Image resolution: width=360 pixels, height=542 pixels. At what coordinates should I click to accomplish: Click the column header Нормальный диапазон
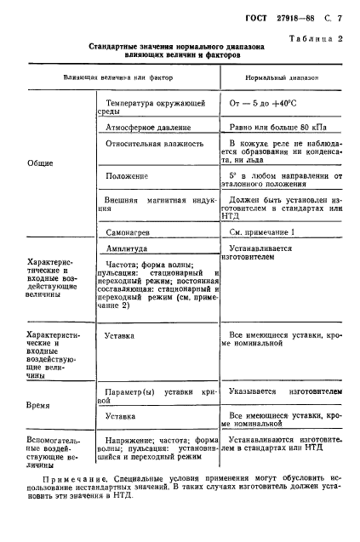point(281,77)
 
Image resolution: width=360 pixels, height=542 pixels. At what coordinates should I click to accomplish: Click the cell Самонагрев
point(128,231)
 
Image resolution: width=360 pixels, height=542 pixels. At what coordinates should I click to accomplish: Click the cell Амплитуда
point(126,248)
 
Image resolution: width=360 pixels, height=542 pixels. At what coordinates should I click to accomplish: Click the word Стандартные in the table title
point(118,49)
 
